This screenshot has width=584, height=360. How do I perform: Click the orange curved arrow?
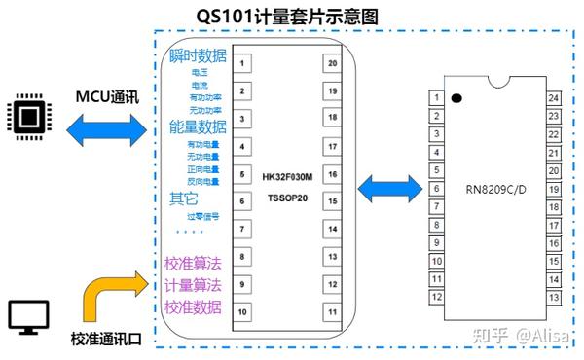tap(114, 296)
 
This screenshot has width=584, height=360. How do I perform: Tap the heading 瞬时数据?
tap(198, 54)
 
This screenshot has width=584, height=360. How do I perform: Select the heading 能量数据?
tap(198, 127)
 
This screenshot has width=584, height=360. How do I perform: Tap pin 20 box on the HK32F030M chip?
tap(332, 63)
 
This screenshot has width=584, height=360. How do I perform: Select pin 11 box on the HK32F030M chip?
tap(332, 312)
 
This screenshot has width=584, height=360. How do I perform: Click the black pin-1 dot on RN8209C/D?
tap(456, 98)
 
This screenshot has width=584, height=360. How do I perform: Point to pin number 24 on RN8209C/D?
tap(553, 98)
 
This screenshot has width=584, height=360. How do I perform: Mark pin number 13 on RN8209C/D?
tap(553, 296)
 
